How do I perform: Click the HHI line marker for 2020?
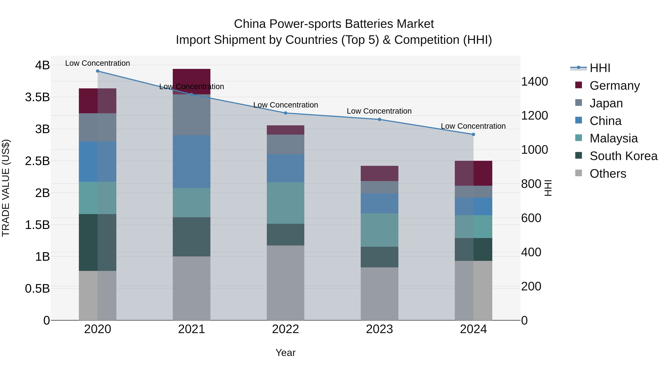click(x=97, y=71)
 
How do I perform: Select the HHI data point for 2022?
click(x=286, y=113)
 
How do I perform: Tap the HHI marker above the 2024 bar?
click(x=473, y=134)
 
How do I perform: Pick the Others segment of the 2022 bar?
click(x=286, y=283)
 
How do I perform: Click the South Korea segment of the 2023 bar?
click(x=379, y=257)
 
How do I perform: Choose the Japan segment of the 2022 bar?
click(x=286, y=144)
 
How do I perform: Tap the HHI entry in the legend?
click(x=600, y=68)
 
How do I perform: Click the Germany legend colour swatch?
click(x=579, y=85)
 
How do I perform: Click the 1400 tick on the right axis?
click(x=534, y=82)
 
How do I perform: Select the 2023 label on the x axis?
click(x=379, y=329)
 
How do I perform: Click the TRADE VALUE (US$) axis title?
click(x=6, y=188)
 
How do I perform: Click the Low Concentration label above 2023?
click(x=379, y=111)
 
